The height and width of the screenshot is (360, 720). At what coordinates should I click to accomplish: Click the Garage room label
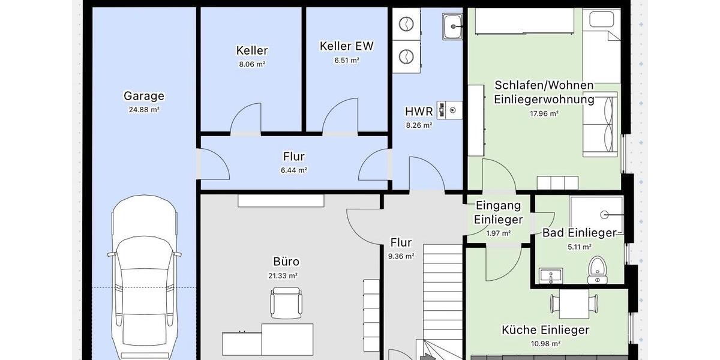(144, 96)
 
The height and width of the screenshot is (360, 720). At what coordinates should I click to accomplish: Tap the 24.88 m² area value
(144, 110)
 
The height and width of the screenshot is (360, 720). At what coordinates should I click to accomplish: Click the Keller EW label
(347, 46)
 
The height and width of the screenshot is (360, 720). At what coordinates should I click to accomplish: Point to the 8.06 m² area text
(252, 64)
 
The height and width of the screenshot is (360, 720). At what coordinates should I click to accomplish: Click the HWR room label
(419, 112)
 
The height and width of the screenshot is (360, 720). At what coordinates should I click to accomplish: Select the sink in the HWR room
(452, 25)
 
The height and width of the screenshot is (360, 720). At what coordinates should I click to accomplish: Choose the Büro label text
(286, 262)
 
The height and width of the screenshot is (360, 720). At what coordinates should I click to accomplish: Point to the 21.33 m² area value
(283, 276)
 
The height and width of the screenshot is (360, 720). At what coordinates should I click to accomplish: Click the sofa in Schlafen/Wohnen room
(601, 124)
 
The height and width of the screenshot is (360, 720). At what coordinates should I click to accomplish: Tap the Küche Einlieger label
(545, 330)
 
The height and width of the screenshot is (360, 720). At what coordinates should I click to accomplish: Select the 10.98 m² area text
(546, 344)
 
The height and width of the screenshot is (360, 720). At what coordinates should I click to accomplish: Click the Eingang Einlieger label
(498, 212)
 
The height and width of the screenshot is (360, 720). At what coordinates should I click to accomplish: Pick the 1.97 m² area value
(499, 233)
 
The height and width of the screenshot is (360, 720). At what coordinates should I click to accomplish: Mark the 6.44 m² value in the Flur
(294, 170)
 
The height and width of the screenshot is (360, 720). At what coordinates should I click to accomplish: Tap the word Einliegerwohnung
(544, 100)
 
